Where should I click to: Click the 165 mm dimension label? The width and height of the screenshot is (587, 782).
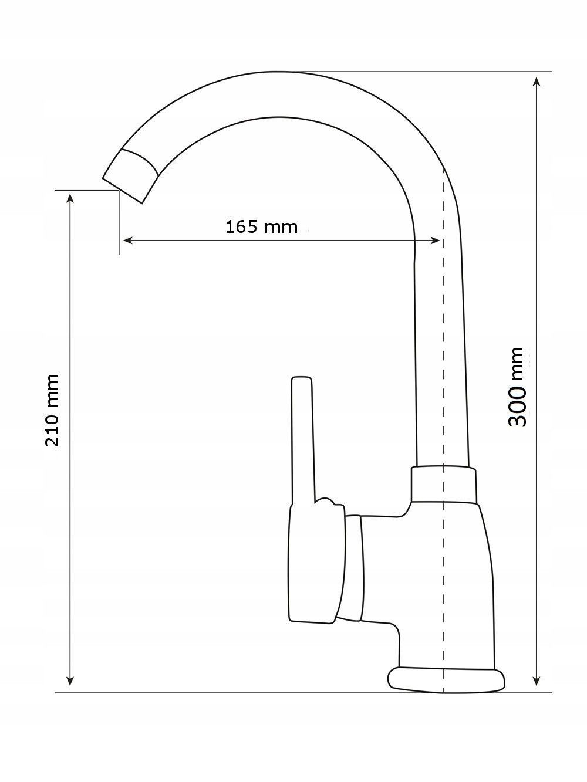tap(262, 227)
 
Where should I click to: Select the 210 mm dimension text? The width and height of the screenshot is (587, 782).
tap(52, 410)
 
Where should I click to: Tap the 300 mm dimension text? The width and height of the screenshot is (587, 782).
tap(517, 387)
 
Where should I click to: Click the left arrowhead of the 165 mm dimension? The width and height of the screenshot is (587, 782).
tap(127, 241)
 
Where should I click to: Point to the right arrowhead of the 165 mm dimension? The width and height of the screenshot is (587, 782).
tap(436, 241)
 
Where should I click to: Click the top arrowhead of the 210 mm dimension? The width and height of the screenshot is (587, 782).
tap(70, 198)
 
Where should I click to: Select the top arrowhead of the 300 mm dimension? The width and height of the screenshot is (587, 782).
tap(537, 82)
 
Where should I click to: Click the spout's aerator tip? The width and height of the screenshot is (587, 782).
tap(130, 177)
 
